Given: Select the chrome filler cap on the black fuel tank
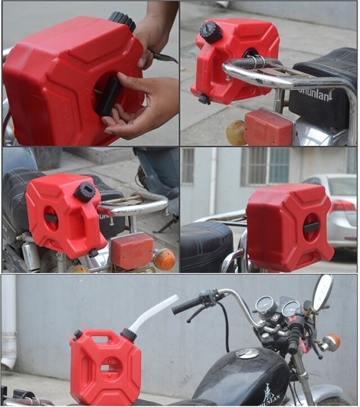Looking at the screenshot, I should [x=247, y=353].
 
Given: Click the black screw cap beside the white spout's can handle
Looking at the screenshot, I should [x=78, y=334].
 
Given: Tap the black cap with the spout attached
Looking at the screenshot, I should [x=129, y=336].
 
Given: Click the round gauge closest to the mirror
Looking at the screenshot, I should [x=291, y=308].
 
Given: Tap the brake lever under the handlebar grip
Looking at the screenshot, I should [x=197, y=314].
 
